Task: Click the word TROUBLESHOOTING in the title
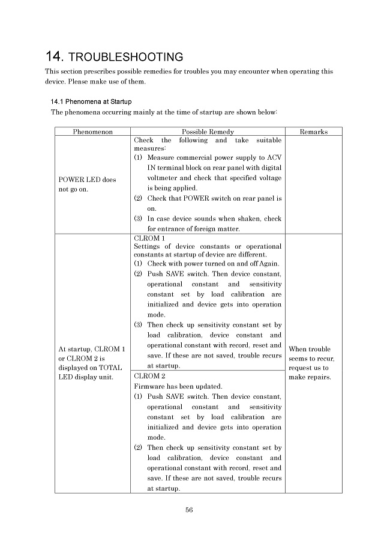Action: point(126,58)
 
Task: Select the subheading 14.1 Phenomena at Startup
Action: point(91,102)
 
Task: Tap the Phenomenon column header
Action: point(92,132)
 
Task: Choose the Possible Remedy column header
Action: point(208,132)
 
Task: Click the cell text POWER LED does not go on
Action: point(87,184)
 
